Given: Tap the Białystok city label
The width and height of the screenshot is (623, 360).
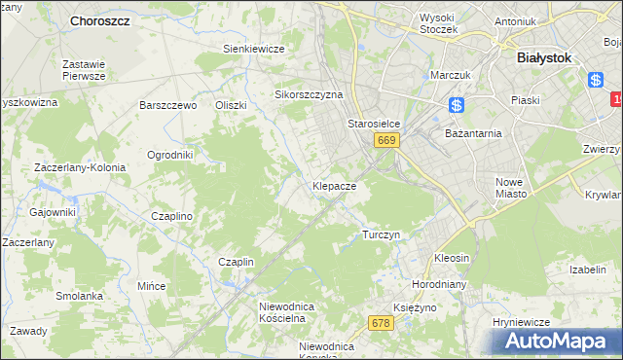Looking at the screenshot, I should click(x=548, y=57).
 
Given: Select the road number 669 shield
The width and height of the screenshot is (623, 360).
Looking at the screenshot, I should click(x=386, y=141).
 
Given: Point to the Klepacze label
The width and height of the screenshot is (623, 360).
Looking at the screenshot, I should click(x=334, y=185).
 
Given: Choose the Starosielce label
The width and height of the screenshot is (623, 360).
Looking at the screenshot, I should click(x=375, y=125).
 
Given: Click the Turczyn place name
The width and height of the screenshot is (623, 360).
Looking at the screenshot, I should click(x=381, y=234).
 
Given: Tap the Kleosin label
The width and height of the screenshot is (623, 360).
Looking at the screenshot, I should click(x=452, y=259).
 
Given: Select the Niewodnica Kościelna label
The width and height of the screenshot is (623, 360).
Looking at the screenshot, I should click(x=282, y=311).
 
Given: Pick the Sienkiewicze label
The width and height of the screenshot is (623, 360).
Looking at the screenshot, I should click(x=253, y=49).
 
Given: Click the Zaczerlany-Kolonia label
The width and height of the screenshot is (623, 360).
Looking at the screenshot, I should click(x=80, y=167).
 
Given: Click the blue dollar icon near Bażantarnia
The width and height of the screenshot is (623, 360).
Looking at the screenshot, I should click(x=458, y=105).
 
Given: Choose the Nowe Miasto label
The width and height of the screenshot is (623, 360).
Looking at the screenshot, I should click(x=510, y=188).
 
